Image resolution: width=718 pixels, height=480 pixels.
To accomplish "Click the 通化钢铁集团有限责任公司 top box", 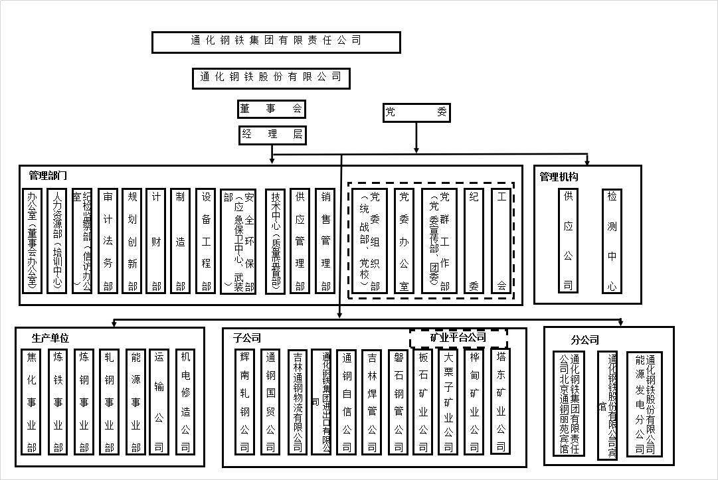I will tap(276, 41).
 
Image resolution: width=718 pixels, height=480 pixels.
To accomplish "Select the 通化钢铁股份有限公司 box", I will tap(270, 76).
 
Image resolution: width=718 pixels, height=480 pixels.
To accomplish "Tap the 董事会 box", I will tap(272, 109).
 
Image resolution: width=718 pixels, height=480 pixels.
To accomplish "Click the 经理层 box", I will tap(272, 135).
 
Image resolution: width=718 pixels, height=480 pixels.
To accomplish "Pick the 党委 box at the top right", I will tap(416, 113).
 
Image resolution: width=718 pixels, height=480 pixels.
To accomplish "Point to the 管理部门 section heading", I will tap(48, 176).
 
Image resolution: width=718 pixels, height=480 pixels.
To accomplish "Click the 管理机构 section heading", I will tap(559, 177).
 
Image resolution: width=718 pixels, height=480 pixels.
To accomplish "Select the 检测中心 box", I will tap(612, 241).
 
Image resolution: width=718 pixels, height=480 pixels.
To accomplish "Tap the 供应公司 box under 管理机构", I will tap(568, 241).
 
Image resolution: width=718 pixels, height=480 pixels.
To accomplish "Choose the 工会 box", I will tap(501, 241).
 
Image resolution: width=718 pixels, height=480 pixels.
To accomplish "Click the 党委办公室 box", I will tap(403, 241).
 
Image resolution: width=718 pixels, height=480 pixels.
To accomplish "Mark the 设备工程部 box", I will tap(207, 241).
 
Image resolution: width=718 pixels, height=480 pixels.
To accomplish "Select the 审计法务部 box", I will tap(108, 241).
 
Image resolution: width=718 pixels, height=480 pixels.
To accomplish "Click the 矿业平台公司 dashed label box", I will tap(458, 337).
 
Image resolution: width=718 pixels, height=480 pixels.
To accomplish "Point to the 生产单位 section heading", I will tap(50, 338).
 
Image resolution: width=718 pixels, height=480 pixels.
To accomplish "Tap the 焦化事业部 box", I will tap(31, 402).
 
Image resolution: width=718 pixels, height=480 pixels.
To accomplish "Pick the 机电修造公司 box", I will tap(185, 402).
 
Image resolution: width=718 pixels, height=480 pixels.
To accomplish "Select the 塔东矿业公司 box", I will tap(501, 400).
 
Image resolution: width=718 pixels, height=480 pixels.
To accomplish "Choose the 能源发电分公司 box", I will tap(645, 403).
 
